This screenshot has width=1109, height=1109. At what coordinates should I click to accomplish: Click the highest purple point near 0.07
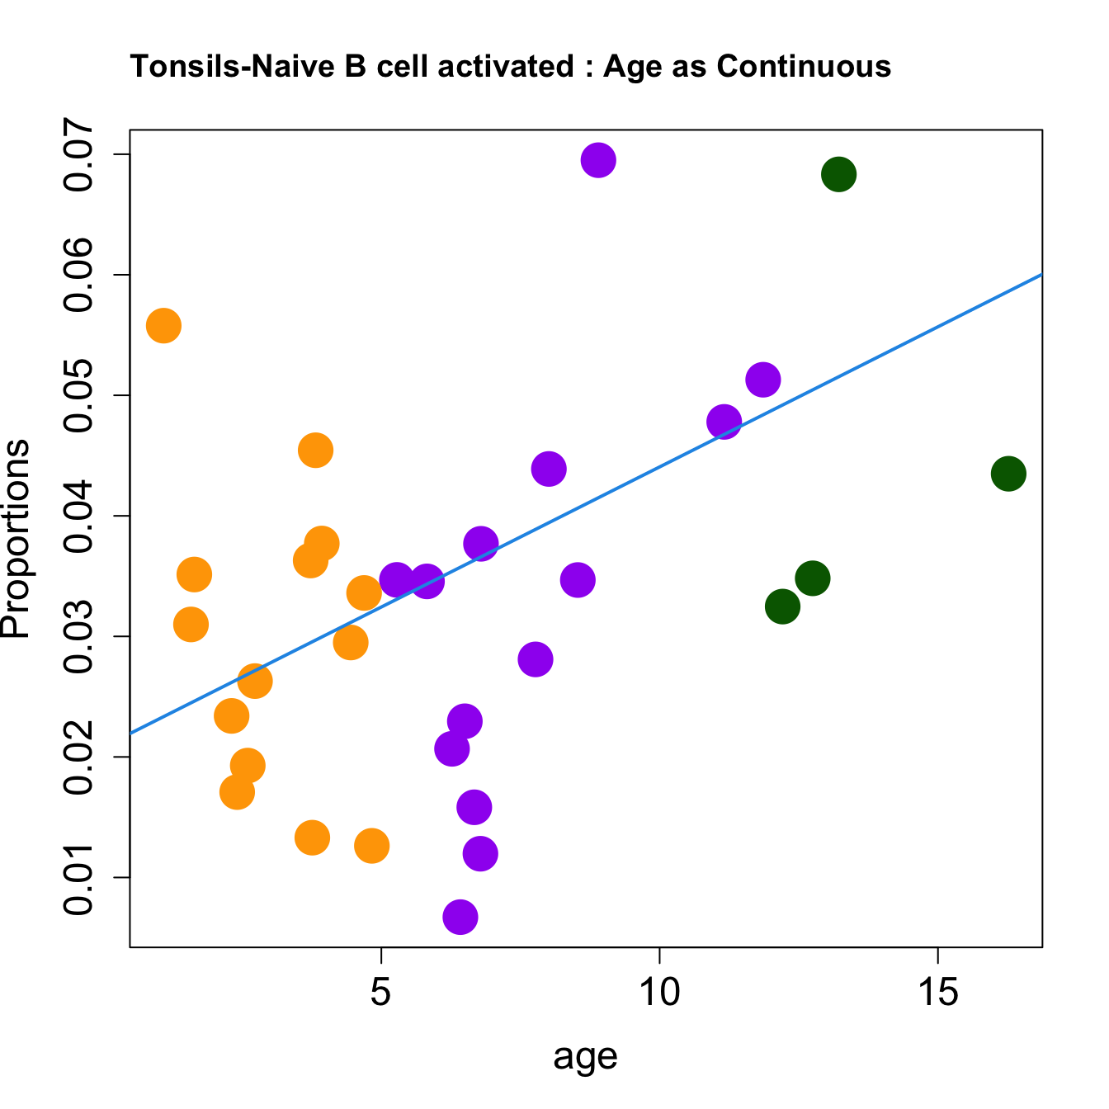point(598,160)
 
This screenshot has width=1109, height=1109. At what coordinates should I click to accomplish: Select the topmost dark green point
point(838,174)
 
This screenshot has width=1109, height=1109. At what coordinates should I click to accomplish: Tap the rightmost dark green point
point(1008,474)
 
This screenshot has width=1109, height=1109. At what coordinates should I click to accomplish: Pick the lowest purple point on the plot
point(460,917)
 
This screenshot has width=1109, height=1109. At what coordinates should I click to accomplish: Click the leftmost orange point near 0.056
point(163,326)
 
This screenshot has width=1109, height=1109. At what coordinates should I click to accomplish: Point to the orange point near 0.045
point(315,451)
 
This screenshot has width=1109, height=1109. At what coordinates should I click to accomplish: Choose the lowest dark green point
point(782,607)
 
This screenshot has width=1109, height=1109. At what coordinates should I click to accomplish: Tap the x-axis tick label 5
point(380,993)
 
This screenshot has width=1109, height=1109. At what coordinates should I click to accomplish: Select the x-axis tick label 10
point(659,993)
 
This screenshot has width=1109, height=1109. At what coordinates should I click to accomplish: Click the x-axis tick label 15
point(938,993)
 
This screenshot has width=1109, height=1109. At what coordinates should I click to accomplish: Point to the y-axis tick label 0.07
point(79,155)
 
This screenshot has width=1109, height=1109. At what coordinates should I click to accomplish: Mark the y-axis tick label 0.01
point(79,878)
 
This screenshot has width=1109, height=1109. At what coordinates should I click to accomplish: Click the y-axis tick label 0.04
point(79,517)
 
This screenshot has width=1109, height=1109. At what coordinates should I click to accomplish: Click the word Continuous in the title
point(804,66)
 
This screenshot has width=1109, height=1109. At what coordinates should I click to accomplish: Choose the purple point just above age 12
point(763,380)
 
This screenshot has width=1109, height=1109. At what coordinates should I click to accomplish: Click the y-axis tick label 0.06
point(79,276)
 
